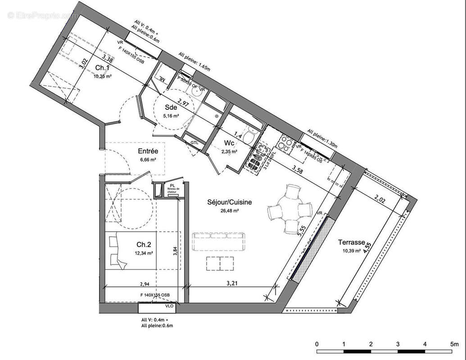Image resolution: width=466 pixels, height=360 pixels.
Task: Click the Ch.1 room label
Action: (x=103, y=68)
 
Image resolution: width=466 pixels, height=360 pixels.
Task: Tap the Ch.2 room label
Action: (x=144, y=244)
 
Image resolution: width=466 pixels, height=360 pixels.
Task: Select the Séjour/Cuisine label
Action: (x=229, y=202)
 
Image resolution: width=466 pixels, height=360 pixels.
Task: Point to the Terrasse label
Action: (x=353, y=243)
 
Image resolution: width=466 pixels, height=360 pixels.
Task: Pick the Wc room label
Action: (x=229, y=143)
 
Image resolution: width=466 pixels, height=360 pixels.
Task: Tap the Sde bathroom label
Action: (x=171, y=108)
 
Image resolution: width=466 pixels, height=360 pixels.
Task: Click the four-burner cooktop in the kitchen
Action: (x=285, y=144)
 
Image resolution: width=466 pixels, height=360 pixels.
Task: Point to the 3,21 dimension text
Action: (x=231, y=284)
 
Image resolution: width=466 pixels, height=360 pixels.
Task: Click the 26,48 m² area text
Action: (x=229, y=210)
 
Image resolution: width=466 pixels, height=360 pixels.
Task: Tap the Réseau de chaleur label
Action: (x=173, y=191)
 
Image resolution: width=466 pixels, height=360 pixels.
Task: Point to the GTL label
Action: (x=195, y=142)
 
